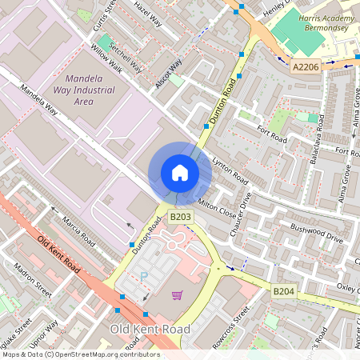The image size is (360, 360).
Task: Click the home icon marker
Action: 180,173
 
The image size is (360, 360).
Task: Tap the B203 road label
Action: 180,217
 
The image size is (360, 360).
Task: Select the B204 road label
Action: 284,293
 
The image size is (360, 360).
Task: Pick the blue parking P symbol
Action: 145,276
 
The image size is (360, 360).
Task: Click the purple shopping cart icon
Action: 177,295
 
